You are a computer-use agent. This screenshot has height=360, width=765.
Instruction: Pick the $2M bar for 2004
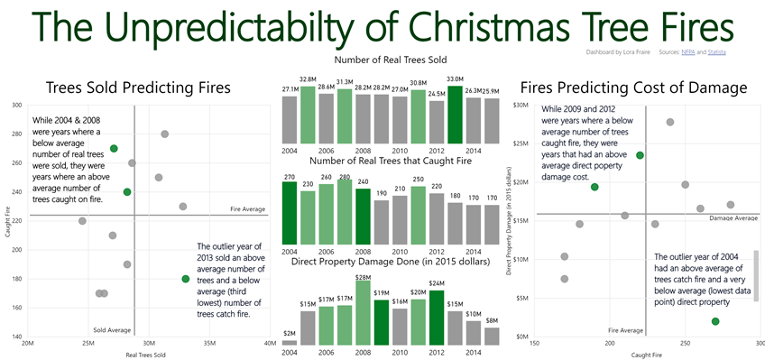point(290,340)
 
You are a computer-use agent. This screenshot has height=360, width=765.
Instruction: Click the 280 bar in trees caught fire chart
point(345,216)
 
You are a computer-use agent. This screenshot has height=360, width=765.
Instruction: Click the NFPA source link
point(688,53)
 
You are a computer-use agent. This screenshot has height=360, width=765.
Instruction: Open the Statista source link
point(717,53)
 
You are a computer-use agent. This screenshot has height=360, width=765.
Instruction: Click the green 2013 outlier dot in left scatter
point(186,279)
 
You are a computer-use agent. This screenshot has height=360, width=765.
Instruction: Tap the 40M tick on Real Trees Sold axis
point(270,344)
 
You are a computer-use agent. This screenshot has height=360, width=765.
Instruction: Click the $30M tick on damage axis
point(521,106)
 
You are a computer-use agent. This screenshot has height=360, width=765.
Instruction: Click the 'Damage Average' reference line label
point(733,218)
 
